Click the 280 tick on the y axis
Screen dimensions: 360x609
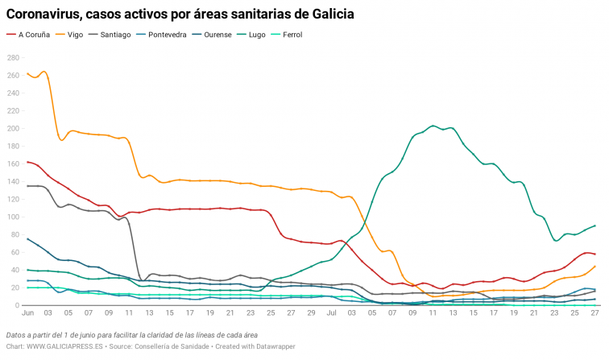[13, 58]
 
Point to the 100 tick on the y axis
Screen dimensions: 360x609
[13, 217]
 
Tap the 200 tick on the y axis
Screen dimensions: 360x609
[13, 129]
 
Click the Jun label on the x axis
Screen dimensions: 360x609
[28, 313]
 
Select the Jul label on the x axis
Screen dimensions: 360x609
[331, 313]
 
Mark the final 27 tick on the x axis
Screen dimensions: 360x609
[594, 313]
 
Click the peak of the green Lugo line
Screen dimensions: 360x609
[433, 126]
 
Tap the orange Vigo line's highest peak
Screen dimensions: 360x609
[43, 72]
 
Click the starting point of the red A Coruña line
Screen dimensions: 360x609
[28, 162]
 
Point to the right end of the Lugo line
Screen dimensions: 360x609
[594, 226]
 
